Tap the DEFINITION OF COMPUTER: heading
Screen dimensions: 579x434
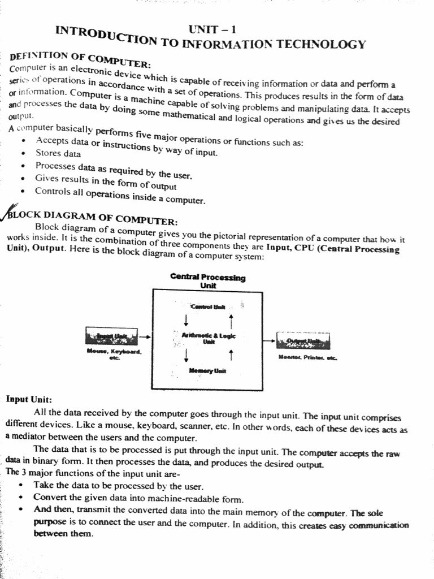[x=80, y=60]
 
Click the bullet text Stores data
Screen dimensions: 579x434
[x=58, y=153]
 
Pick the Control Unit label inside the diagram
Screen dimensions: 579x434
[x=208, y=306]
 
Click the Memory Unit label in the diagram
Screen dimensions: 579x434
[x=207, y=371]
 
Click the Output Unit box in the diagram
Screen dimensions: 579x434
[x=303, y=341]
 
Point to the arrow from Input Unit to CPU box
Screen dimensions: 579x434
[x=145, y=337]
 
